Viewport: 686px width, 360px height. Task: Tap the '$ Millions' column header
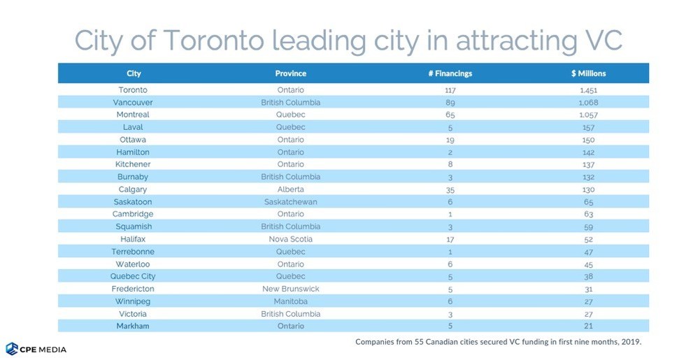588,73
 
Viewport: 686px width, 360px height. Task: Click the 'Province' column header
290,73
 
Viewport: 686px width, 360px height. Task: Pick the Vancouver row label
133,102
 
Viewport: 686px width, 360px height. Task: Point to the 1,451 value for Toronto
587,90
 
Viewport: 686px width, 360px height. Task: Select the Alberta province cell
290,189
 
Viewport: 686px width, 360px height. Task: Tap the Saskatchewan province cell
290,202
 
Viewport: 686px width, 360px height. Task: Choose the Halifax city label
133,239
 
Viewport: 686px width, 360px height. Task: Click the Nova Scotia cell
290,239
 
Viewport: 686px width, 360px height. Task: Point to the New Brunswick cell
290,289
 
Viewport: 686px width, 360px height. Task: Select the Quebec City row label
133,276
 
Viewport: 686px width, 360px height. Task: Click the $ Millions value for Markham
587,326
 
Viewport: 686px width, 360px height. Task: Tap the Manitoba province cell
290,301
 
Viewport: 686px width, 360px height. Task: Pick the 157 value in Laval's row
587,127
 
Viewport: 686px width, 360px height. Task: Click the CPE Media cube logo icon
12,348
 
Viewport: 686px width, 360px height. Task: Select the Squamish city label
133,226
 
